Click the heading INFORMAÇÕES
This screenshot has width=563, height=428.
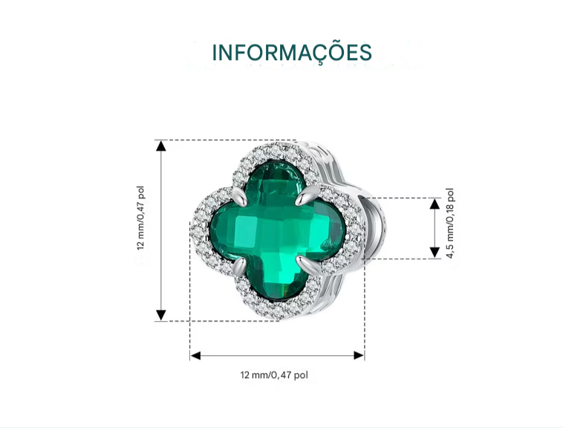(x=292, y=53)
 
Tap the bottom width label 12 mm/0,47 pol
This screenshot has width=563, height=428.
(x=274, y=374)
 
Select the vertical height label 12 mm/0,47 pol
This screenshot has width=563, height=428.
(x=140, y=218)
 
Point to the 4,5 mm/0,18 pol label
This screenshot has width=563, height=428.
(x=450, y=223)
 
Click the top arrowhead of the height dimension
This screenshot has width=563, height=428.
(x=161, y=146)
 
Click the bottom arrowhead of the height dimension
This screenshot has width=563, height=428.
(x=161, y=315)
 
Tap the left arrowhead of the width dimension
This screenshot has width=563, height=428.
(x=195, y=355)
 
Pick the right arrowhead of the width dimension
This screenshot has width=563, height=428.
(x=359, y=355)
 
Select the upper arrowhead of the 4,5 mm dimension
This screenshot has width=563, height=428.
(x=435, y=204)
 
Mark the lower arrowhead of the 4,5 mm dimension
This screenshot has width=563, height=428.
(x=435, y=253)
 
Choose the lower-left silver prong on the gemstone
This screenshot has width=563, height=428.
(x=239, y=267)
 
